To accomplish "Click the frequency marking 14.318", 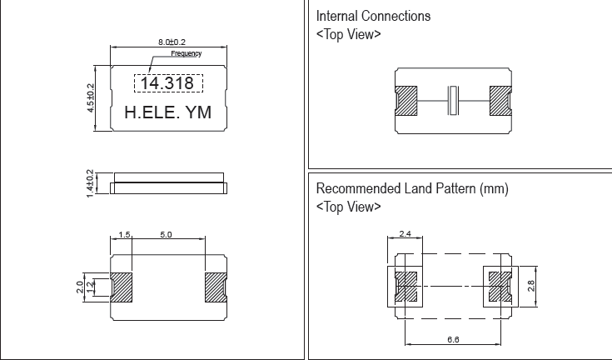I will (167, 84).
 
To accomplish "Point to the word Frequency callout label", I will (187, 53).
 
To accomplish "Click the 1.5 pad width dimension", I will (125, 236).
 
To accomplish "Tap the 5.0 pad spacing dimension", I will (166, 236).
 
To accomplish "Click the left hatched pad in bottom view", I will (122, 287).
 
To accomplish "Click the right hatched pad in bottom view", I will (216, 287).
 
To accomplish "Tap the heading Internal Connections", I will (374, 16).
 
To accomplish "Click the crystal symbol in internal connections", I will (453, 101).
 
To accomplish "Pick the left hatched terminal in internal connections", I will (406, 101).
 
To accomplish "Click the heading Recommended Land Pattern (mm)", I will (412, 189).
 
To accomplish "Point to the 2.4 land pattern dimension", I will (406, 235).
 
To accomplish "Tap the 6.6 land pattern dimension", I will (452, 338).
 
